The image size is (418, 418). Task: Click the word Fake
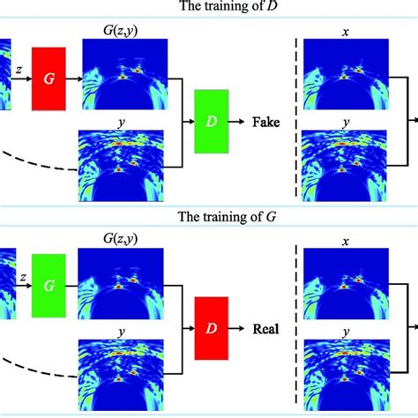(x=265, y=123)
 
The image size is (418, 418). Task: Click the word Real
(x=265, y=330)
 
